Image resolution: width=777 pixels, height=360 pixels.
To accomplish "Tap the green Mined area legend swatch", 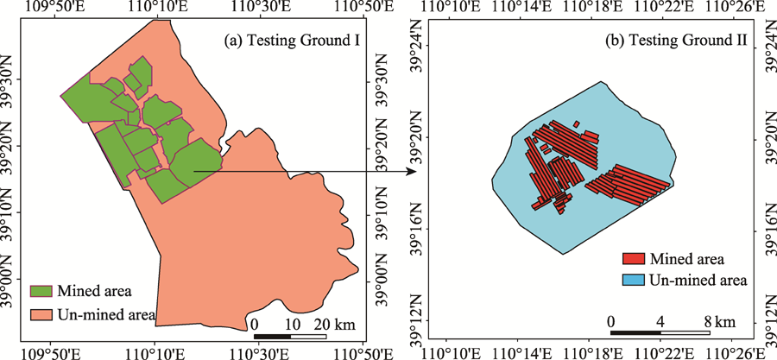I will [x=41, y=292].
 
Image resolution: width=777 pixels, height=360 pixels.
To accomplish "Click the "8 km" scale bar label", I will [x=724, y=321].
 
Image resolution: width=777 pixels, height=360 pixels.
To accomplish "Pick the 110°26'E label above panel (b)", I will [x=739, y=8].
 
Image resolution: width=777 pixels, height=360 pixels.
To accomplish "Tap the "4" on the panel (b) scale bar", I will [x=661, y=321].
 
